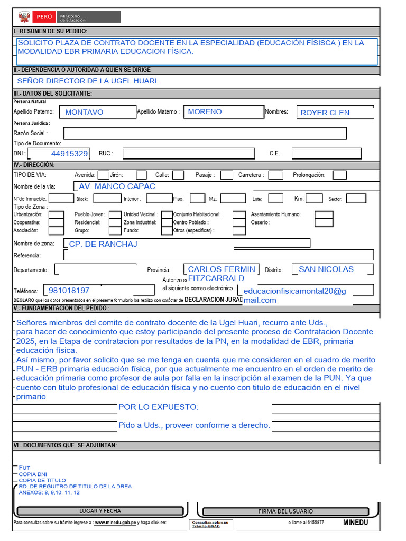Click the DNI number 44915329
(x=69, y=154)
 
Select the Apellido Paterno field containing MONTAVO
(x=84, y=112)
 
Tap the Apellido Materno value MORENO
(x=205, y=111)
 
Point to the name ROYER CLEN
(x=325, y=113)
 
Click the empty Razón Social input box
(x=205, y=133)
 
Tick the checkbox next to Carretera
(x=275, y=175)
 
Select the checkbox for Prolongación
(x=339, y=175)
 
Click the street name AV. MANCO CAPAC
(x=117, y=186)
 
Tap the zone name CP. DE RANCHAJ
(x=103, y=244)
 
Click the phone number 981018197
(x=69, y=291)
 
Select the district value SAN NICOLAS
(x=326, y=269)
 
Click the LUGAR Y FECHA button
(x=100, y=511)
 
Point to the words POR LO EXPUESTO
(x=159, y=407)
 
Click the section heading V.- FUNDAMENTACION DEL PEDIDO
(x=62, y=308)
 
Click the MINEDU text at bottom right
(x=355, y=522)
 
